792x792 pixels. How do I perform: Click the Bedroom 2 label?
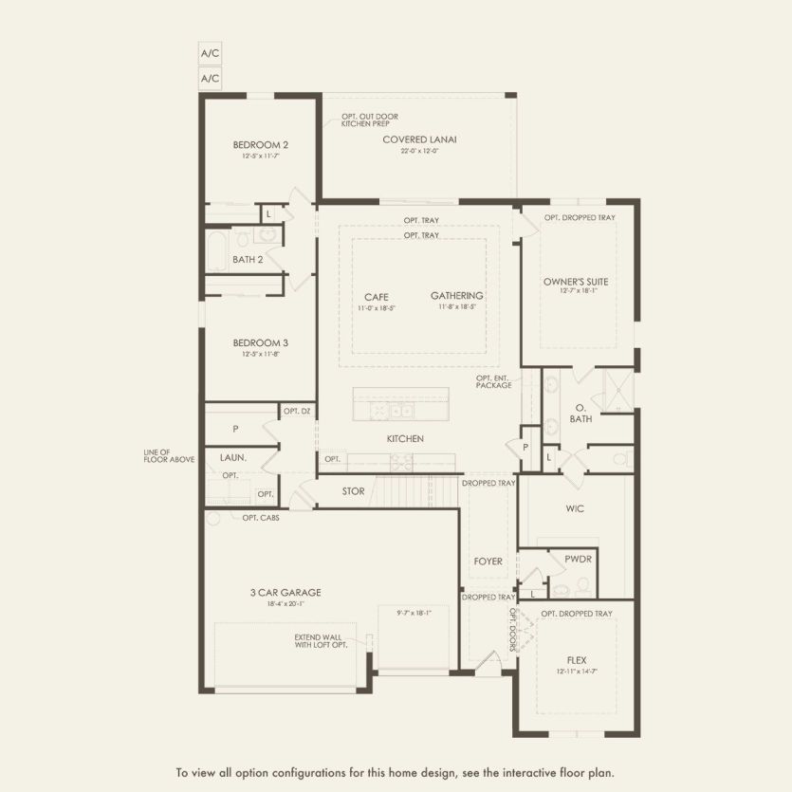[261, 145]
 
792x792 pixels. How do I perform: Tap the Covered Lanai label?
[419, 139]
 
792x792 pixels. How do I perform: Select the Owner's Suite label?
[576, 282]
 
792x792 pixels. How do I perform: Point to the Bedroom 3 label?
[261, 342]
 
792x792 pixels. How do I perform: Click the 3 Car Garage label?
[285, 593]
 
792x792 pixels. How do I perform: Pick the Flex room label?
[577, 661]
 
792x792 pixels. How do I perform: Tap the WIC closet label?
[575, 509]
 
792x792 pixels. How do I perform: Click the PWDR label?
[578, 560]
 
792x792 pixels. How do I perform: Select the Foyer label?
[488, 562]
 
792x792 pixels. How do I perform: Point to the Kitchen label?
[405, 439]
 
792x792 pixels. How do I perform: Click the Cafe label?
[377, 296]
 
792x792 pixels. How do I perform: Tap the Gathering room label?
[456, 296]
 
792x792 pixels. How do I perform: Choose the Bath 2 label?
[247, 259]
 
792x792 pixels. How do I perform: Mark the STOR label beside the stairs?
[353, 491]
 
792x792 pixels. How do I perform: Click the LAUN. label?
[233, 457]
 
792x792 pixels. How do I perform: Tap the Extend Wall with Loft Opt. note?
[321, 640]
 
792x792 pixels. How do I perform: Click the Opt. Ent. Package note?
[494, 381]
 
